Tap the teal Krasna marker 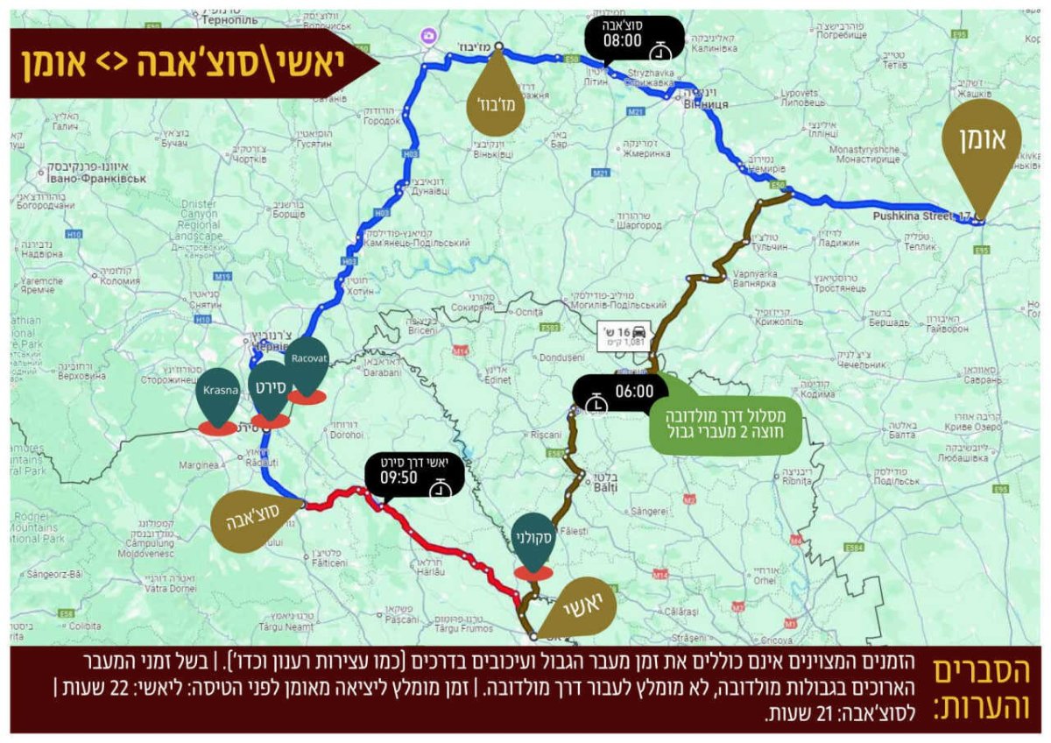point(217,393)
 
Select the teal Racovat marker point(307,365)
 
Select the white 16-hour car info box point(624,336)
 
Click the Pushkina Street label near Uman point(916,216)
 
